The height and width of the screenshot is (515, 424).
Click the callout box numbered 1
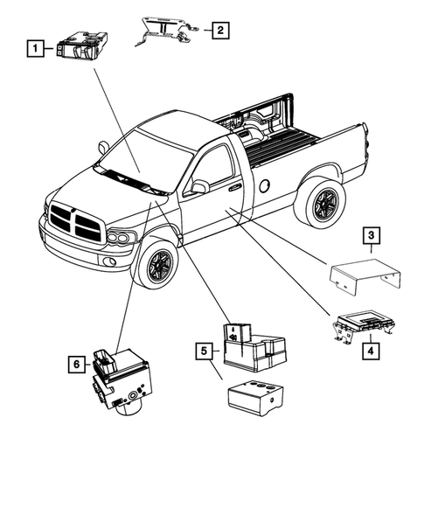(x=36, y=48)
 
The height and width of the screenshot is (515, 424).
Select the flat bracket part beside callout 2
(x=166, y=32)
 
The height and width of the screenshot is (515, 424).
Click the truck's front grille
(x=76, y=221)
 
